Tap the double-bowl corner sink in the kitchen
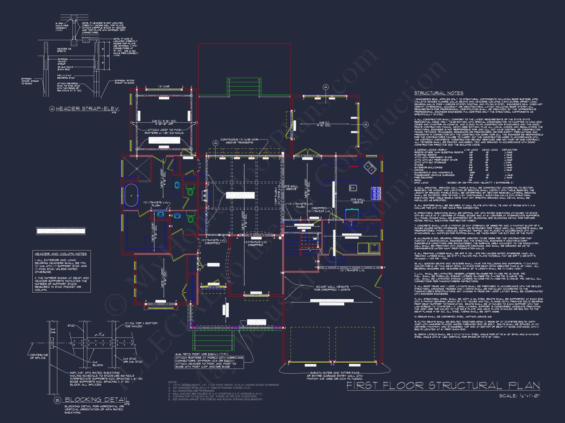[370, 168]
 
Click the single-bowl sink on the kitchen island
[353, 188]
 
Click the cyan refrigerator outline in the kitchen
[352, 213]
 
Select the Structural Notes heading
[438, 93]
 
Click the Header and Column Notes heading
[61, 254]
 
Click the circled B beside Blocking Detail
[57, 400]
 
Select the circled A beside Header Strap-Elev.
[52, 109]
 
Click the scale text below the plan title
[520, 396]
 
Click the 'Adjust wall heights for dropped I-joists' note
[332, 288]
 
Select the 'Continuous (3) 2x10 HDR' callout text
[239, 141]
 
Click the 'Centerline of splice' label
[39, 356]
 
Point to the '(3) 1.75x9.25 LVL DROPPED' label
[256, 243]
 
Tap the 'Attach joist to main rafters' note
[164, 131]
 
